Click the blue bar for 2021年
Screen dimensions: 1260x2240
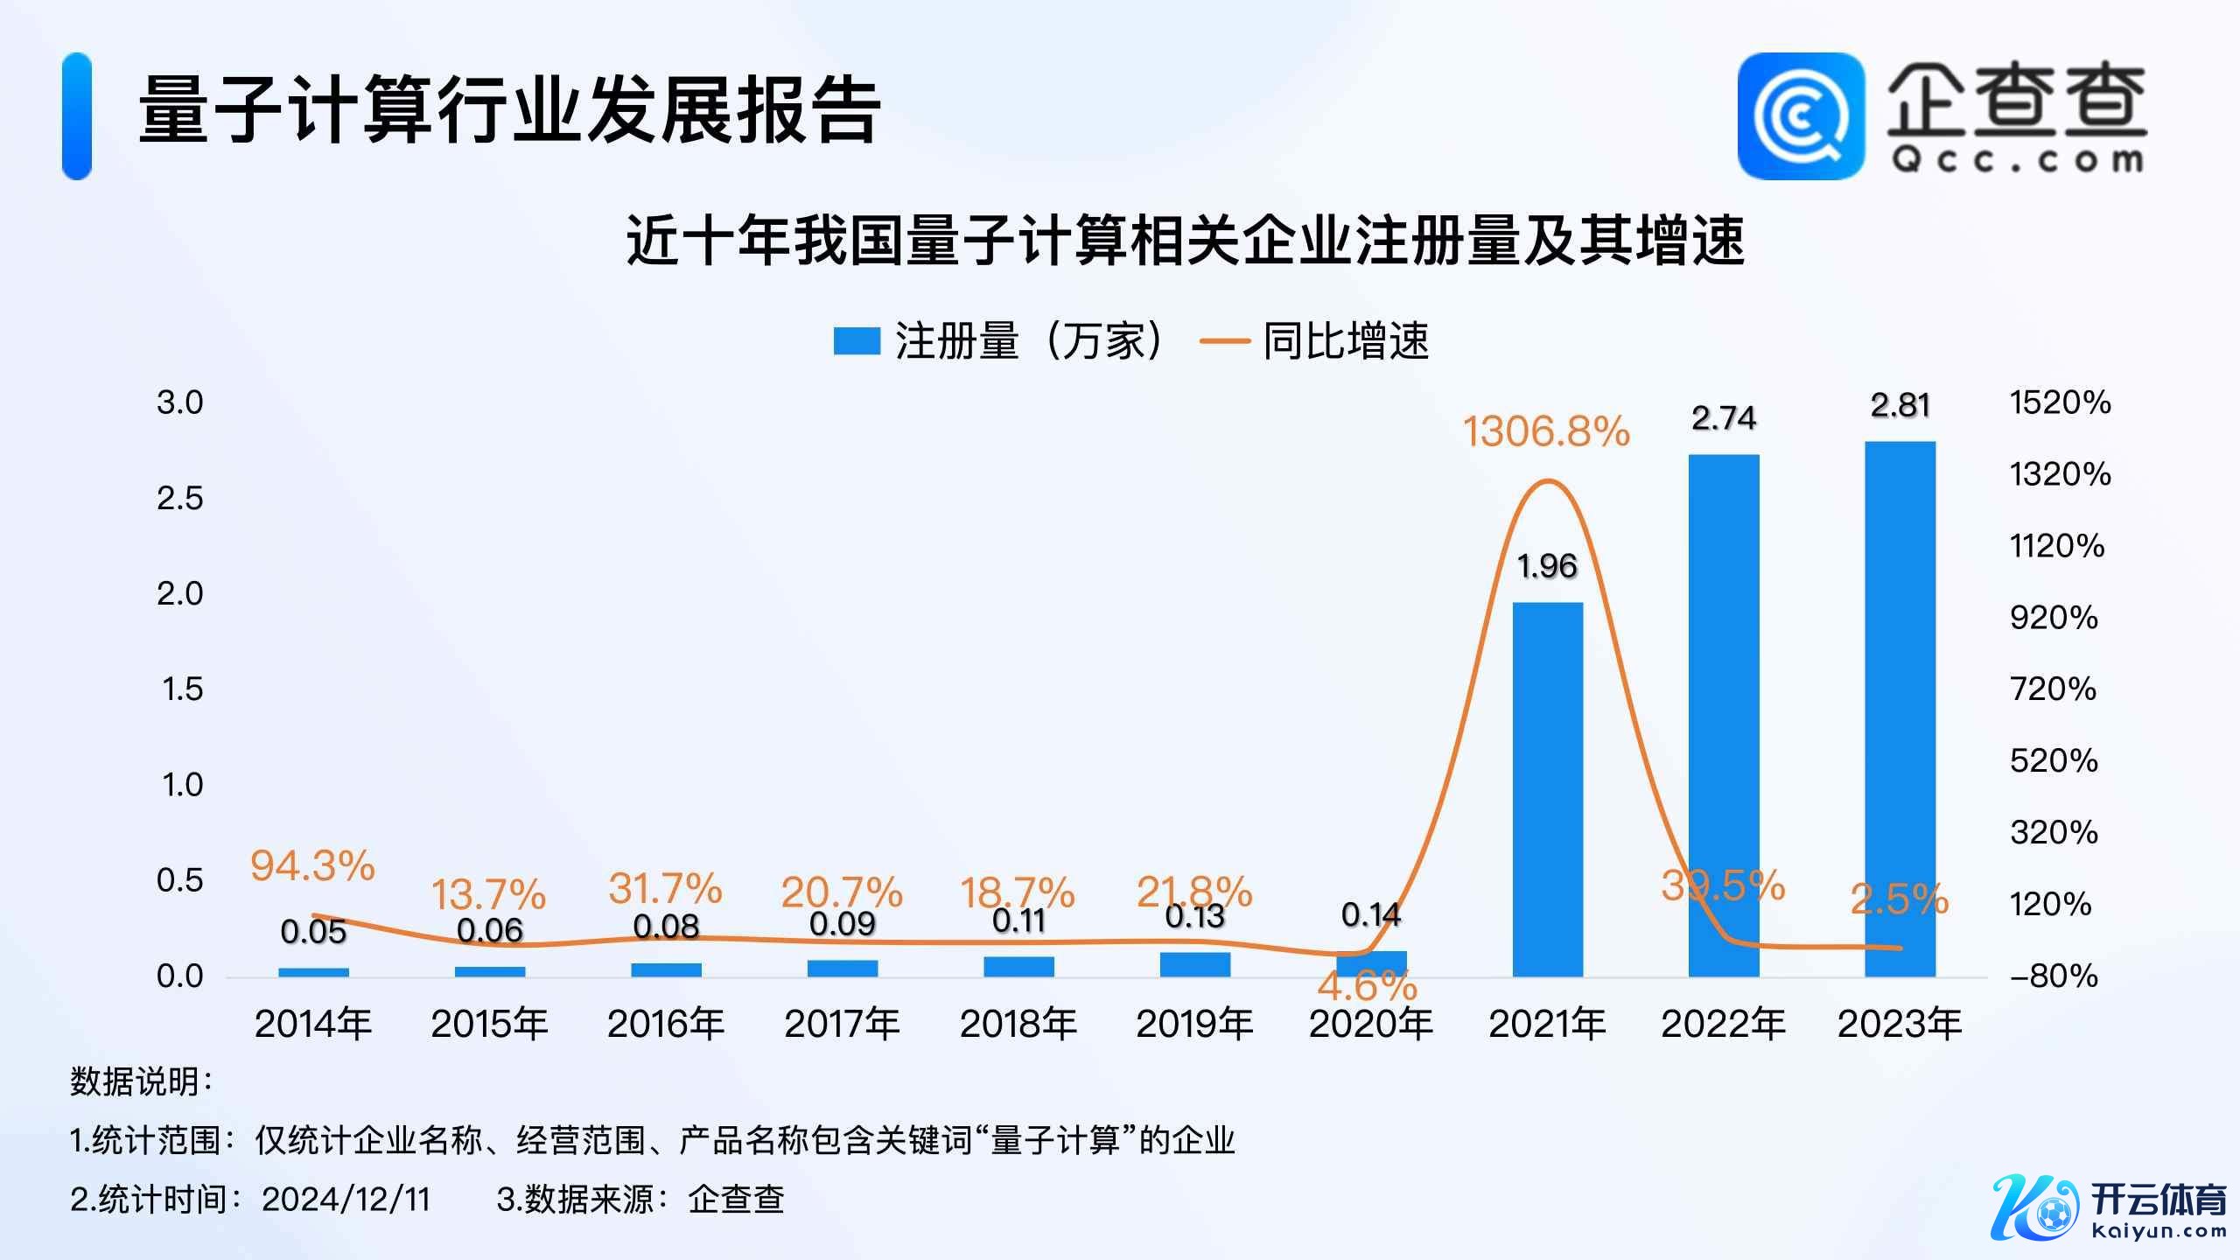[x=1547, y=787]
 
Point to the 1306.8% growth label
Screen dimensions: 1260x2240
[x=1546, y=431]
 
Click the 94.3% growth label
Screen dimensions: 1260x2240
[x=312, y=865]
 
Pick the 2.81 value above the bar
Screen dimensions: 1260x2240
[x=1900, y=406]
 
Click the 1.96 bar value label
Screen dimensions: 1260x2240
[x=1547, y=567]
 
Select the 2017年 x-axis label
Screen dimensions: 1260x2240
[x=842, y=1024]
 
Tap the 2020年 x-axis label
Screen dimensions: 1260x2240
[x=1370, y=1024]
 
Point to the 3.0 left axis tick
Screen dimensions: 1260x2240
[x=179, y=402]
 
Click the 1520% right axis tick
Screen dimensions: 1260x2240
[x=2060, y=402]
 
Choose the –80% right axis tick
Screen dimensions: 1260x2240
[x=2054, y=976]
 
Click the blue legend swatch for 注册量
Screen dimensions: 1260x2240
[x=856, y=341]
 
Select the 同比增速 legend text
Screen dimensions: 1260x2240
[x=1346, y=341]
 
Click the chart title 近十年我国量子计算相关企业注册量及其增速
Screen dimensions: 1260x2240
[x=1186, y=240]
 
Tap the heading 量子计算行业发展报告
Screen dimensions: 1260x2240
[x=509, y=110]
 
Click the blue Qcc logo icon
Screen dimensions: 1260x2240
[x=1800, y=115]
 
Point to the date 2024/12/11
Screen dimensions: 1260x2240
[x=346, y=1200]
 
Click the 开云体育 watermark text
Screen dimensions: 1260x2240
[x=2158, y=1200]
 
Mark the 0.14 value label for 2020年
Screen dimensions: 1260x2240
[x=1370, y=915]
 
